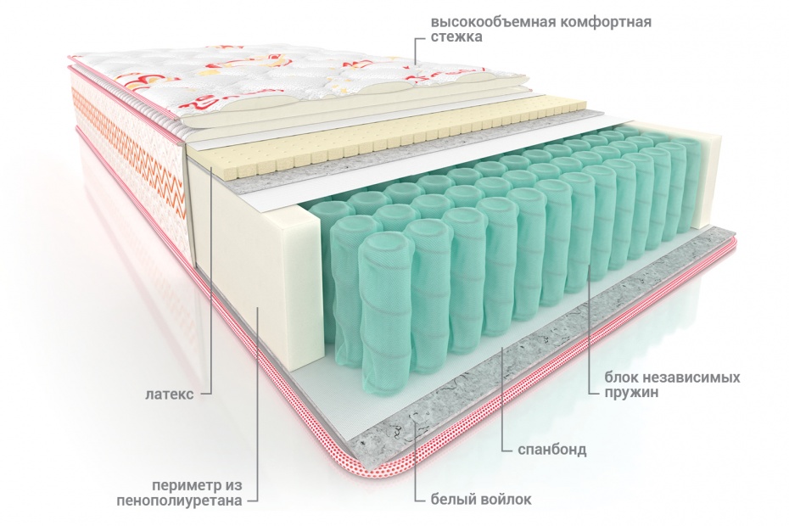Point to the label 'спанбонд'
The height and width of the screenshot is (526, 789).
(x=554, y=450)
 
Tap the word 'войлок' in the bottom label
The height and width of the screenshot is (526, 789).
(x=507, y=500)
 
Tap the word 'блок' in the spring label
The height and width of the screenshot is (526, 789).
(x=623, y=377)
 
